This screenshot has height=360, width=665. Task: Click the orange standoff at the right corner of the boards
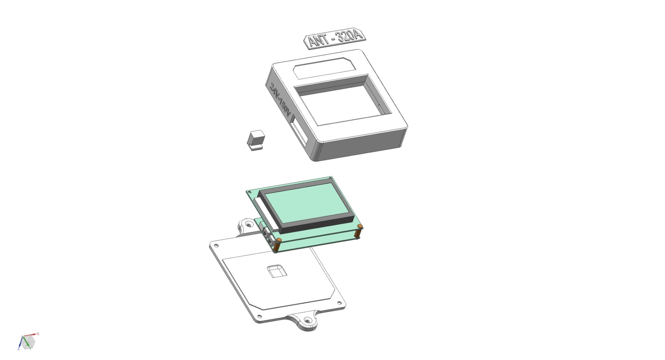359,227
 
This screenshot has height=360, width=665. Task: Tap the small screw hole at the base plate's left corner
217,245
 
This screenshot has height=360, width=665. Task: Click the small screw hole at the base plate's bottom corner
259,317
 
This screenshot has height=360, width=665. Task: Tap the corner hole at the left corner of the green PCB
249,193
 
